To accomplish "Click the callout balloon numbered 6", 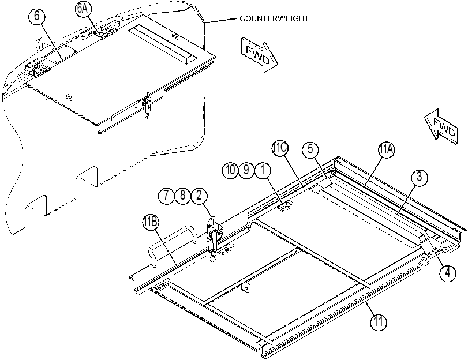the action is click(37, 16).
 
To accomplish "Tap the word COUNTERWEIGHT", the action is click(274, 18).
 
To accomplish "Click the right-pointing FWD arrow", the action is click(259, 55).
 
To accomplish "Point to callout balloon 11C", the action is click(280, 148).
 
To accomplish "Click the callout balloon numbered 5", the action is click(310, 149).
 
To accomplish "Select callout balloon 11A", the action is click(386, 150).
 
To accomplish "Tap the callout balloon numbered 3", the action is click(420, 177).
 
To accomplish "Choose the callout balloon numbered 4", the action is click(448, 273).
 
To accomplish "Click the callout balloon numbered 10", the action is click(230, 170).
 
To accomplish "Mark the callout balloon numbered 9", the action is click(246, 170).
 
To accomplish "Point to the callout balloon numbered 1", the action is click(263, 170).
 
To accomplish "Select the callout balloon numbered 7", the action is click(166, 196).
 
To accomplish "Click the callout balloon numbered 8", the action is click(183, 196).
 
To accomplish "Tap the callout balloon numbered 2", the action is click(199, 196).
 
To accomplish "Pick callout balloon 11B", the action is click(151, 222).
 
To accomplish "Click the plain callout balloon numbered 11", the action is click(378, 322).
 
